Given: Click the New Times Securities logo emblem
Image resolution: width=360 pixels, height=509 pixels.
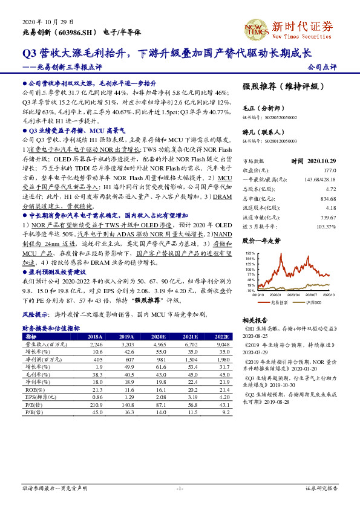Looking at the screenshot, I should [x=253, y=28].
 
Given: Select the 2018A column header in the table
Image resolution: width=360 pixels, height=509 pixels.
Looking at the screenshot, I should [x=95, y=336].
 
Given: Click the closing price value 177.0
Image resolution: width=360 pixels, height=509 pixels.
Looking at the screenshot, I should [x=329, y=170].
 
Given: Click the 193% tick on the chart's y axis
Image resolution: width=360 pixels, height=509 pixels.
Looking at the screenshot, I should [x=250, y=251].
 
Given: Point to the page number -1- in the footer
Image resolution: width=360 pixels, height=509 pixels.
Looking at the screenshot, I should [x=180, y=487].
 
